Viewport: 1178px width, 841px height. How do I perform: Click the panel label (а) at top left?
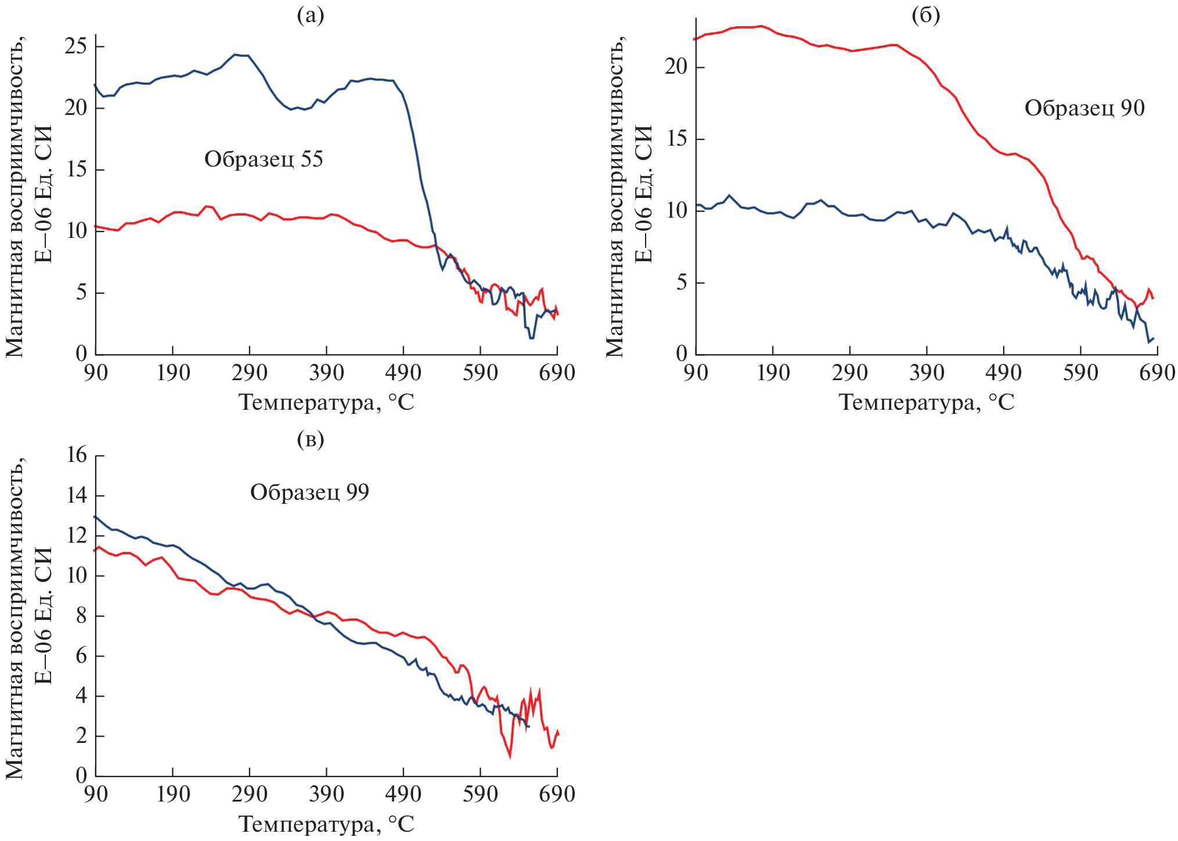(x=310, y=16)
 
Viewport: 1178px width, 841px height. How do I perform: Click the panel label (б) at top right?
(x=925, y=16)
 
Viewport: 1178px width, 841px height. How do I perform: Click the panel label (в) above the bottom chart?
(x=310, y=439)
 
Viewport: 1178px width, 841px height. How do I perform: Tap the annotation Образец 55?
(x=264, y=159)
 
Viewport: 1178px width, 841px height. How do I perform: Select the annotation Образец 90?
(x=1084, y=109)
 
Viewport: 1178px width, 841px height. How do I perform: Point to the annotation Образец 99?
(x=309, y=492)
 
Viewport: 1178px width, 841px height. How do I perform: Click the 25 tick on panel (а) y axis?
(x=76, y=46)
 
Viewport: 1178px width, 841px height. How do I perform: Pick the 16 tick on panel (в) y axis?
(x=77, y=455)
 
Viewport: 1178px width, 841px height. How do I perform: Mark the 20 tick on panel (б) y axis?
(x=676, y=67)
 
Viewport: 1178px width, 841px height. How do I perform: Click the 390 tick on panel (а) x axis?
(x=326, y=373)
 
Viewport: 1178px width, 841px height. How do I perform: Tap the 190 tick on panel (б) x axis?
(x=773, y=373)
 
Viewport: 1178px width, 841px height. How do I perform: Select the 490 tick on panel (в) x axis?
(x=403, y=794)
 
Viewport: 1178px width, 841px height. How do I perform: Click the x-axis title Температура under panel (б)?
(x=927, y=402)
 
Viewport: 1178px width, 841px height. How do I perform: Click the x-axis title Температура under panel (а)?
(x=326, y=402)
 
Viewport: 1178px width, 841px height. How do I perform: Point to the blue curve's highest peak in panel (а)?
(x=235, y=55)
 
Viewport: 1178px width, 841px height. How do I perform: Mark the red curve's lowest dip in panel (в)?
(x=510, y=757)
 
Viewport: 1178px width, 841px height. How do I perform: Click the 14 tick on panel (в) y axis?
(x=77, y=496)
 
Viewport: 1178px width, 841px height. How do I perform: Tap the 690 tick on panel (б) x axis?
(x=1157, y=373)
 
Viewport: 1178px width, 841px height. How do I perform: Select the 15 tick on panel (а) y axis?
(x=76, y=169)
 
